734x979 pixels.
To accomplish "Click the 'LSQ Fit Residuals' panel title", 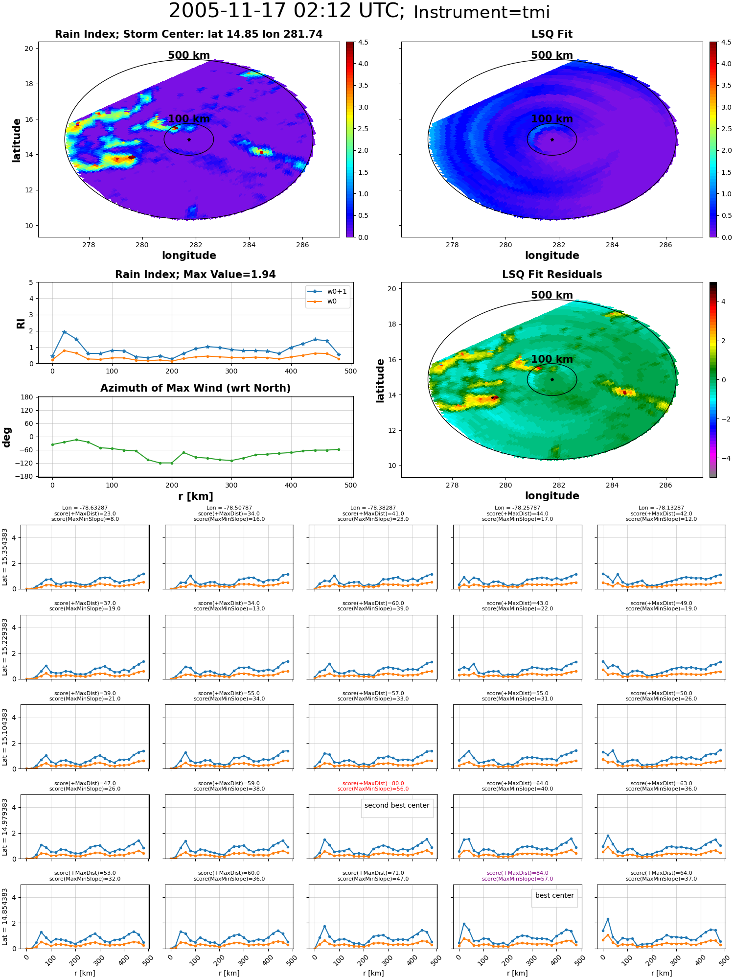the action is tap(552, 275).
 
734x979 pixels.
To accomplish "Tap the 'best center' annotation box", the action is tap(554, 895).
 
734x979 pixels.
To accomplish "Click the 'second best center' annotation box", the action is tap(397, 805).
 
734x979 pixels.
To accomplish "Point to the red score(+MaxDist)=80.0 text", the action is tap(373, 783).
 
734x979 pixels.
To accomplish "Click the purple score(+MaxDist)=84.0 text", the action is tap(517, 873).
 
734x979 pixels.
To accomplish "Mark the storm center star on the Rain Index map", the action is tap(189, 140).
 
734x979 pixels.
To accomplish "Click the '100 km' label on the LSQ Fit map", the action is tap(552, 119).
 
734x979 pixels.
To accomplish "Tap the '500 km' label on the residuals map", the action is tap(552, 295).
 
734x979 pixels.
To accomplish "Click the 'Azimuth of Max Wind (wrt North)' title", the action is tap(196, 388).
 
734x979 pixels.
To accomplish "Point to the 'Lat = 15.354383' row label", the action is tap(5, 557).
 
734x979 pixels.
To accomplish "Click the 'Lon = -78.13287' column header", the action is tap(661, 508).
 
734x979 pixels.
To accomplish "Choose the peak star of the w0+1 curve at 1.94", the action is tap(65, 332).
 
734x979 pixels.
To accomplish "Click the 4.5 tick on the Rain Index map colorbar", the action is tap(363, 42).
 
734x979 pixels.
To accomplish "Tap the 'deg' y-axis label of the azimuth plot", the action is tap(7, 437).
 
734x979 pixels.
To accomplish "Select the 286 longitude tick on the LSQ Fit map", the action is tap(665, 245).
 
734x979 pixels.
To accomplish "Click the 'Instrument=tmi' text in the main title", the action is tap(482, 13).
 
